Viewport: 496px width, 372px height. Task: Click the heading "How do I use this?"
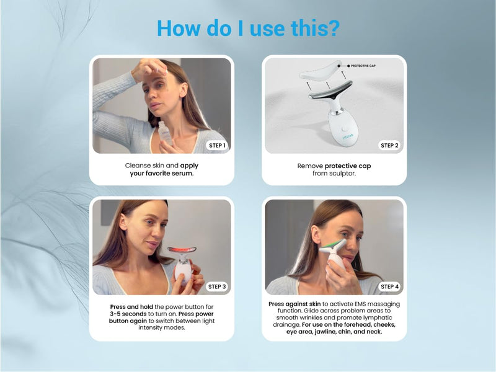point(247,28)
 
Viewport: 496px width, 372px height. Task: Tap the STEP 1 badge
point(216,145)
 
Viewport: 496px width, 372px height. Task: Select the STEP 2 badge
point(389,145)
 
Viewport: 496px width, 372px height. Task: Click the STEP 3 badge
point(216,286)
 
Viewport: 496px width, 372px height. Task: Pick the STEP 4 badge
point(389,286)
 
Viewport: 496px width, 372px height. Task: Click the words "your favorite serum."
point(162,174)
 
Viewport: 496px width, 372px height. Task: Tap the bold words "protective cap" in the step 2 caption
point(348,166)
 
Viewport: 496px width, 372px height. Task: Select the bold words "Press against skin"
point(294,304)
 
